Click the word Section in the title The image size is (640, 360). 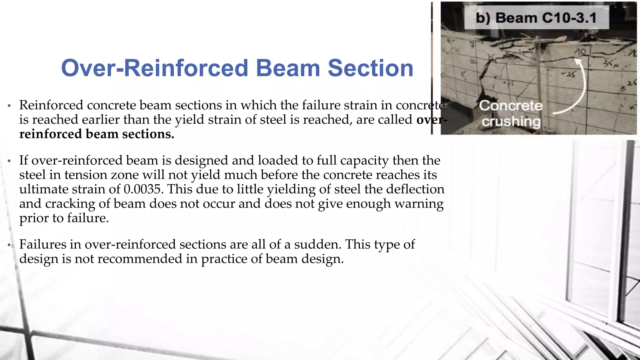click(371, 68)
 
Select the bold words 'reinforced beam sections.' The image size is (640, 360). click(97, 134)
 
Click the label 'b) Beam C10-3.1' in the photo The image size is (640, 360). click(536, 18)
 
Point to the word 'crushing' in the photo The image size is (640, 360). click(511, 121)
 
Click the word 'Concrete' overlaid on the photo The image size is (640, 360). click(511, 106)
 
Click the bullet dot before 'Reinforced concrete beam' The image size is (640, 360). click(9, 106)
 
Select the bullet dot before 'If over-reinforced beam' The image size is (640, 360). click(9, 161)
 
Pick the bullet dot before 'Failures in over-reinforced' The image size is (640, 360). click(9, 245)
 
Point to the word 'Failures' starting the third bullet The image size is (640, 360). click(42, 244)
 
